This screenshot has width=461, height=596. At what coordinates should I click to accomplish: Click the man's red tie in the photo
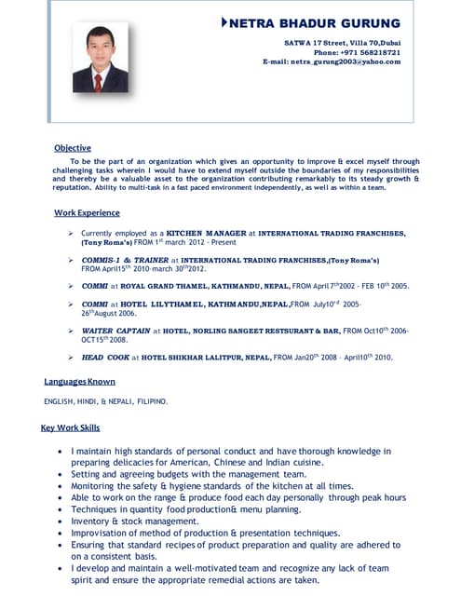click(x=100, y=77)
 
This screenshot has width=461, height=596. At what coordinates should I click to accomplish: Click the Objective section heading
click(x=72, y=148)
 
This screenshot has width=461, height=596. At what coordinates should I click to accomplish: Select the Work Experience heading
click(x=87, y=213)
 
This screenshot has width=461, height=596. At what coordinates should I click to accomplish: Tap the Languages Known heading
click(x=79, y=382)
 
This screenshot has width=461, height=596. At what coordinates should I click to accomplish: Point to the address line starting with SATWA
click(x=342, y=43)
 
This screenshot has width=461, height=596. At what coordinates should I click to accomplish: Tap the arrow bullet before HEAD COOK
click(x=71, y=357)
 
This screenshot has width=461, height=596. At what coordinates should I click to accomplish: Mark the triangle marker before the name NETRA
click(x=224, y=21)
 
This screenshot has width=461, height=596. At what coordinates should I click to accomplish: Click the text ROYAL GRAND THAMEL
click(x=161, y=286)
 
